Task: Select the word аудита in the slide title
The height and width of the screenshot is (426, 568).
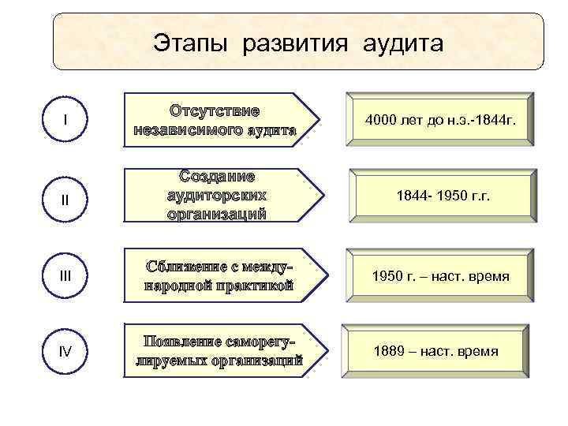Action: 403,43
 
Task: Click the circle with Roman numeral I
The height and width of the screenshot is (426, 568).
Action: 65,120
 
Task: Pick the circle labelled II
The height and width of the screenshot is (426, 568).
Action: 65,197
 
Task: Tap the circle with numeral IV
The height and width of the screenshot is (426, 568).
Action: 65,351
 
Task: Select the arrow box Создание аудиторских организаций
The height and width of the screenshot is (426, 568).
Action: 217,195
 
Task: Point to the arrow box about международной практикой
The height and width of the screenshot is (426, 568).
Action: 217,274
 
